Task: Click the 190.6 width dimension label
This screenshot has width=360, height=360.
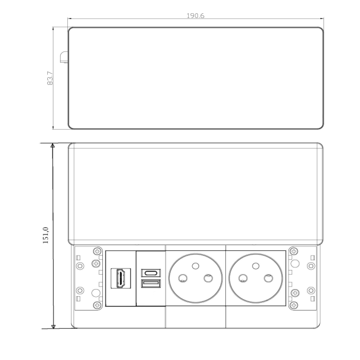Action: (195, 15)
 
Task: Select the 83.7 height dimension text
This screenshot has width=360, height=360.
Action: (50, 78)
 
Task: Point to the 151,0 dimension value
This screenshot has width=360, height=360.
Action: (45, 235)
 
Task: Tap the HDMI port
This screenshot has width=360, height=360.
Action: (121, 278)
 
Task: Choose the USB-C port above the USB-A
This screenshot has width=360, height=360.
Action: (151, 273)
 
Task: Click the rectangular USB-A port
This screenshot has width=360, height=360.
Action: (151, 283)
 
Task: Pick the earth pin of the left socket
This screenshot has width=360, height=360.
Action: (195, 266)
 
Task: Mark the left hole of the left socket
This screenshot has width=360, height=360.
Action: (183, 279)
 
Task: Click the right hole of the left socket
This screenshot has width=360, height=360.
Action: (208, 279)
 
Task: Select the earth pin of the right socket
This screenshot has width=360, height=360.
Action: (256, 266)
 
